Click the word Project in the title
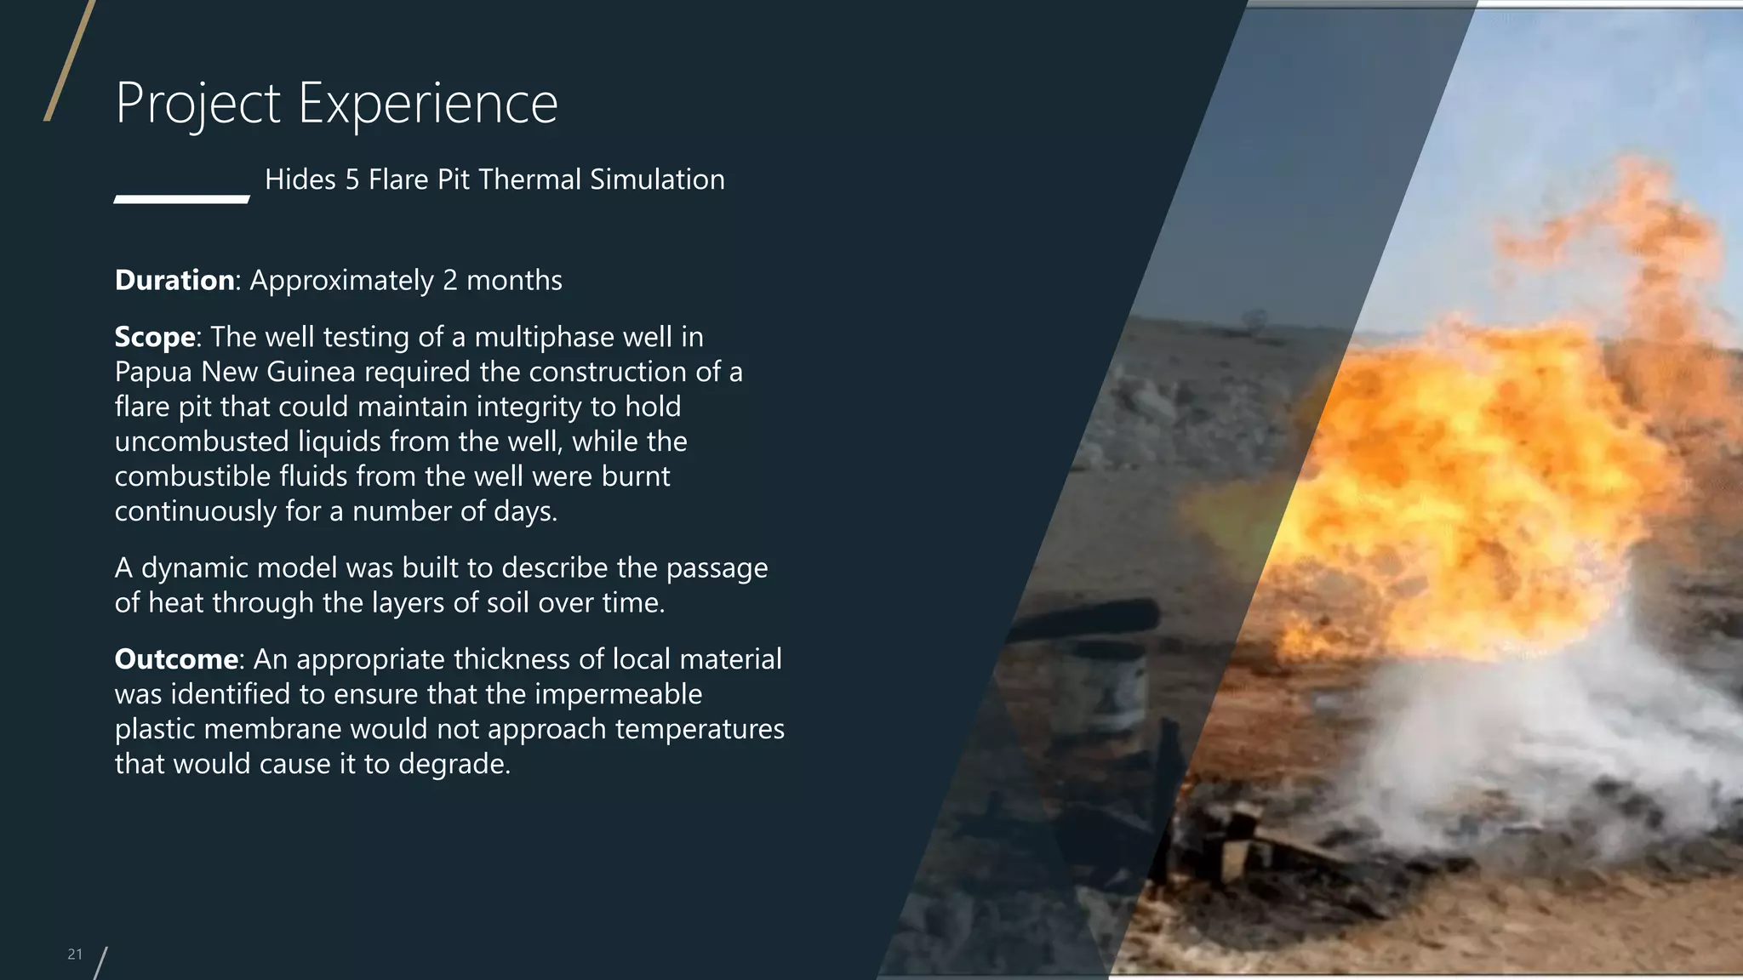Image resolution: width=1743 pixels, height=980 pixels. click(x=197, y=104)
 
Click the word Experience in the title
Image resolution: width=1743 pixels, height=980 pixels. click(x=427, y=104)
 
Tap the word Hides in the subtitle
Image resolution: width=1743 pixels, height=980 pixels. click(x=300, y=179)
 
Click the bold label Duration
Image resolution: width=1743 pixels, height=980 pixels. click(x=174, y=280)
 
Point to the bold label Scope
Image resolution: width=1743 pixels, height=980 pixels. click(x=155, y=337)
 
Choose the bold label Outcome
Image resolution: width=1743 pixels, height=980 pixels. click(x=176, y=659)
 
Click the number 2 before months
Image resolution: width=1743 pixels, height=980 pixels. click(x=450, y=281)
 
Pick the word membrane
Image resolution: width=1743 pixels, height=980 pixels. click(x=273, y=729)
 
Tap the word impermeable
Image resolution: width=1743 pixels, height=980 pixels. click(x=619, y=694)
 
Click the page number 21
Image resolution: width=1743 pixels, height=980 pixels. click(x=75, y=954)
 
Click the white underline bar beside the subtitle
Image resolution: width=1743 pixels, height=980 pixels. click(x=181, y=199)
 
